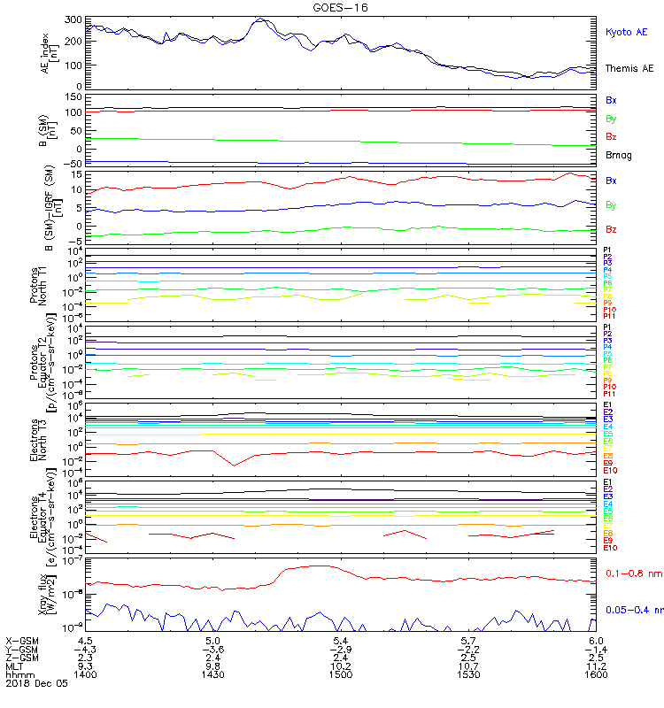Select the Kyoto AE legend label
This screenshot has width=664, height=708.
(x=626, y=32)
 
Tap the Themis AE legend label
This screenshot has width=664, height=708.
(x=629, y=68)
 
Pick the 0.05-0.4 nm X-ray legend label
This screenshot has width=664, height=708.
(x=632, y=610)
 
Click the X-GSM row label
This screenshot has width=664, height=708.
(x=24, y=640)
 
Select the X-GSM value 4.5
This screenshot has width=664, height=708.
(x=86, y=640)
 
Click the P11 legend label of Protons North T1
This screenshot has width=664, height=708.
(x=609, y=316)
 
